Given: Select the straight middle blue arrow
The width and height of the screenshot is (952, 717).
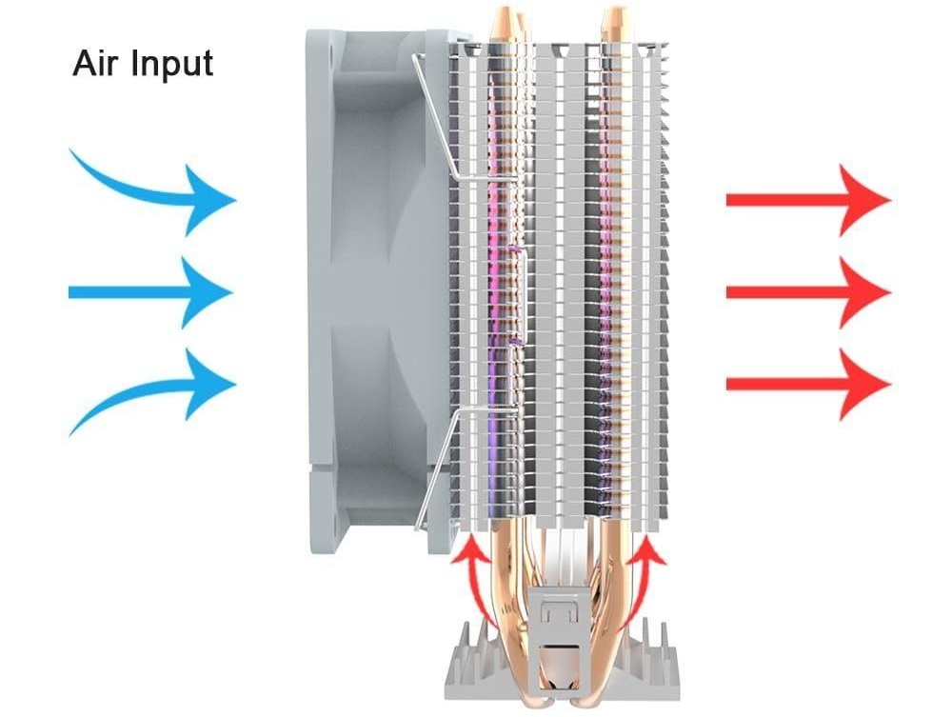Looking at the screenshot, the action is tap(150, 292).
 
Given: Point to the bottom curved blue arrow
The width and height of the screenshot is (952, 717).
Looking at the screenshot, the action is tap(159, 388).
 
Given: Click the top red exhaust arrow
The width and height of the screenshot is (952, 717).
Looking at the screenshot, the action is tap(808, 199).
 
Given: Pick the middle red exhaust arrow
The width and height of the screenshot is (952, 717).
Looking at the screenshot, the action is tap(808, 292).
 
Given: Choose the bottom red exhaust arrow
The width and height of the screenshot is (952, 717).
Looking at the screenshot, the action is tap(808, 385).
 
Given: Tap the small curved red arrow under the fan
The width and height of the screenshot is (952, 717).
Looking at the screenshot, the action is tap(477, 583).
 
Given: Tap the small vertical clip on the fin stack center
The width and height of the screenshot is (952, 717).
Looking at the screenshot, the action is tap(521, 296).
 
